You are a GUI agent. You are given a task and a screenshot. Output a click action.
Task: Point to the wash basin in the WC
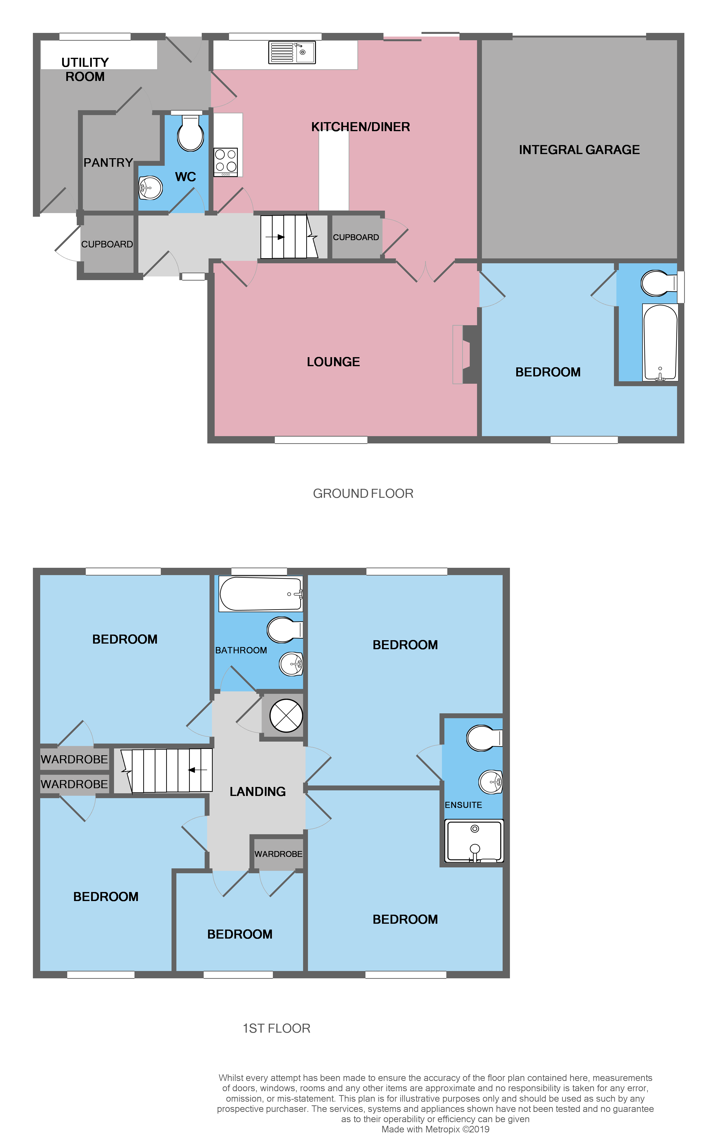[150, 188]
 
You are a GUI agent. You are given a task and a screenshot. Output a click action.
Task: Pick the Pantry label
[108, 163]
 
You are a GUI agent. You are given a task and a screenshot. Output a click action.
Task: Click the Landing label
[258, 792]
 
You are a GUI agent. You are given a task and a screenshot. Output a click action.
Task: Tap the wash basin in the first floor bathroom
[291, 664]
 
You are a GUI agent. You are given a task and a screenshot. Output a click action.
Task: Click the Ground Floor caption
[363, 493]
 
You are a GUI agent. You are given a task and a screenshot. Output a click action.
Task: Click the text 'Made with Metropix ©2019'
[435, 1129]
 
